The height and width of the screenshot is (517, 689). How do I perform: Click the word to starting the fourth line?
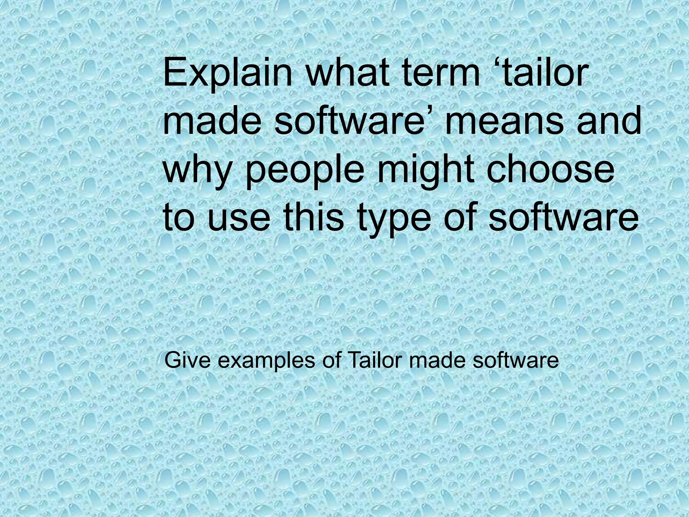[180, 215]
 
